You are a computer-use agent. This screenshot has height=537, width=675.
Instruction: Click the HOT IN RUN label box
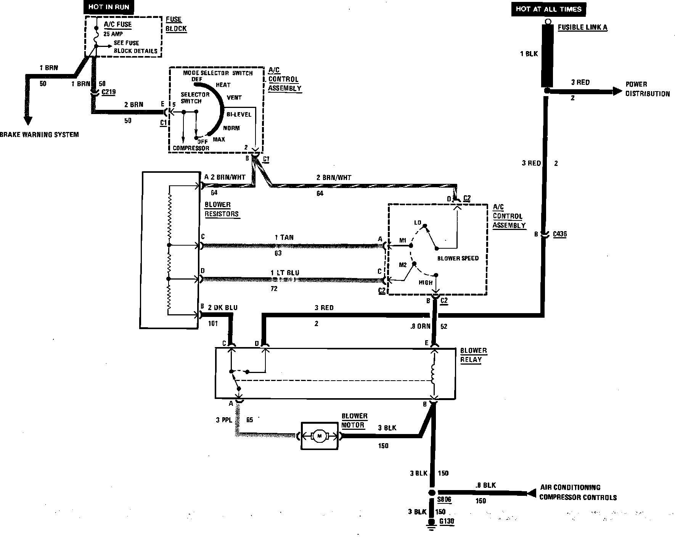[109, 7]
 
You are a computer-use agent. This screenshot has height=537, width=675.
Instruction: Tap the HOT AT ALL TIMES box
[548, 9]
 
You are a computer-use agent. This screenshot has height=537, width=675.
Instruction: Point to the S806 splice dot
[432, 492]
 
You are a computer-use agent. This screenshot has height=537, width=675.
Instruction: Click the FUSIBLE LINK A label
[582, 27]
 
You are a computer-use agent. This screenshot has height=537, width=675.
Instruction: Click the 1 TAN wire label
[284, 238]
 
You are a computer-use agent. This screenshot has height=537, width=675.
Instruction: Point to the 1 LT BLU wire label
[285, 273]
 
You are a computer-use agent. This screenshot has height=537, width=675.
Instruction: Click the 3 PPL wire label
[223, 420]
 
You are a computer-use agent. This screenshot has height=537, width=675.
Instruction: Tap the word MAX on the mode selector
[219, 139]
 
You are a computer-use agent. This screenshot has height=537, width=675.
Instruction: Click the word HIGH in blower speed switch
[426, 283]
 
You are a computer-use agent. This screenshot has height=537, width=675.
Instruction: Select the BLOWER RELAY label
[473, 355]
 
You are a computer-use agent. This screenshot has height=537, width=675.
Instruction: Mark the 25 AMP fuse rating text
[113, 34]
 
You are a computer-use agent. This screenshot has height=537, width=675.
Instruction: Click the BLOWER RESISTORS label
[222, 209]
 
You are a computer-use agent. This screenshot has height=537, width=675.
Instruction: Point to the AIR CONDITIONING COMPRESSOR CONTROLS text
[577, 492]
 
